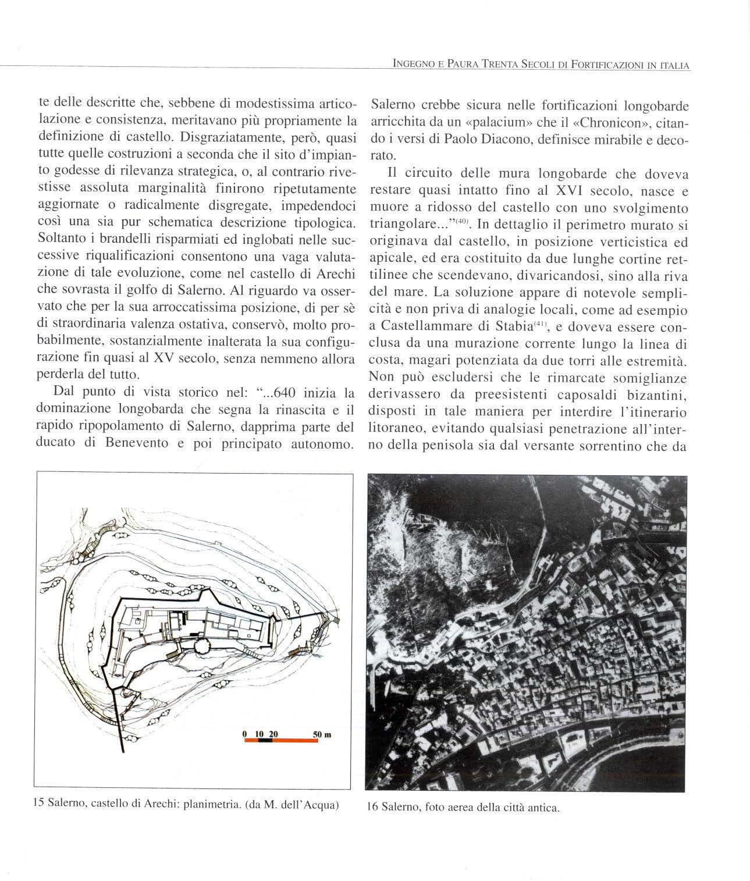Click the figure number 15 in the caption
coord(40,805)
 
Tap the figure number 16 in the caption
coord(372,808)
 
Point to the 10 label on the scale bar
coord(259,735)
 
